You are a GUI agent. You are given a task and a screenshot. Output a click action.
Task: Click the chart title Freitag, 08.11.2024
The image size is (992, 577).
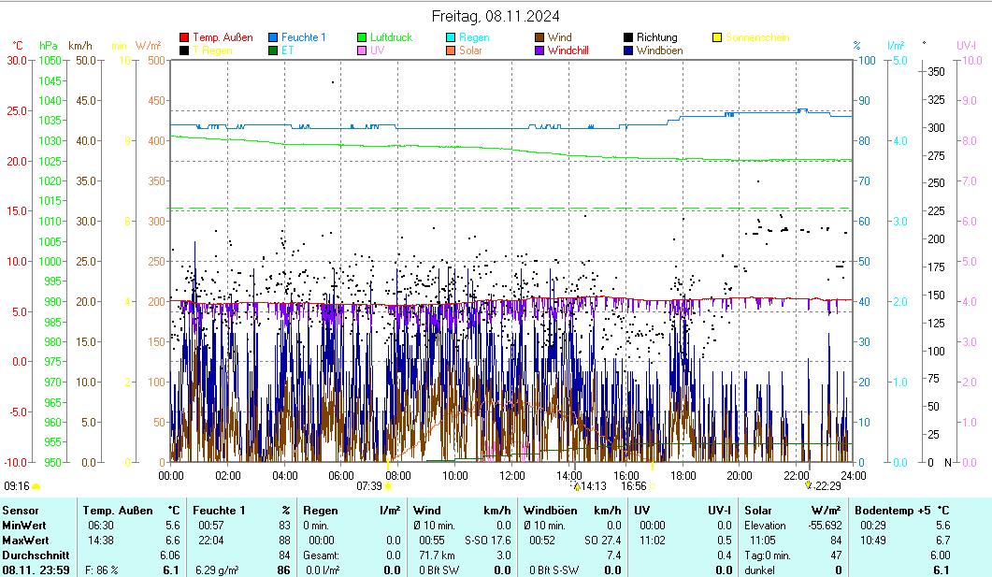[x=496, y=16]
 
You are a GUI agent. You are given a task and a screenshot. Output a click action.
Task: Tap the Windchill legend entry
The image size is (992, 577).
[x=568, y=50]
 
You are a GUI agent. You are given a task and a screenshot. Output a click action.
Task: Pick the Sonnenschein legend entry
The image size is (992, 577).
[x=756, y=37]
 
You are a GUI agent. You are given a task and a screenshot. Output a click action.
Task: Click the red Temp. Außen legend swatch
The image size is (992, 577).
[x=185, y=37]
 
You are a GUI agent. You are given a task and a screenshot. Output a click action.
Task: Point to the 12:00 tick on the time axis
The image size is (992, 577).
[x=512, y=475]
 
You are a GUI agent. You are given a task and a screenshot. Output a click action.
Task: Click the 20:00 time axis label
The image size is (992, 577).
[x=740, y=475]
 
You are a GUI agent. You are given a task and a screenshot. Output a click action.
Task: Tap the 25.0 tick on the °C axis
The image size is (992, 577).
[x=16, y=110]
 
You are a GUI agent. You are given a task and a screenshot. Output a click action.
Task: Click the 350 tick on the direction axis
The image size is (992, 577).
[x=934, y=71]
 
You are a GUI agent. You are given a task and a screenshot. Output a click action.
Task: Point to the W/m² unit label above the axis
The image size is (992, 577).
[x=148, y=45]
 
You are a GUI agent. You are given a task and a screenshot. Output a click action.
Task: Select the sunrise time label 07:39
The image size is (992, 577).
[x=369, y=486]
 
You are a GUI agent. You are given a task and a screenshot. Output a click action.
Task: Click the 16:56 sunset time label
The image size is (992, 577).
[x=633, y=486]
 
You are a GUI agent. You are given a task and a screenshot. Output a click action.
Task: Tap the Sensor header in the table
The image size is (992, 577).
[x=21, y=510]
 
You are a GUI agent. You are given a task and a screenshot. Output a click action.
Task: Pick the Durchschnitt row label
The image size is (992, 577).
[x=31, y=555]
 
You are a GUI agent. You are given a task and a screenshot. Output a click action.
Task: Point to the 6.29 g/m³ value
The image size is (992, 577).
[x=217, y=570]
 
